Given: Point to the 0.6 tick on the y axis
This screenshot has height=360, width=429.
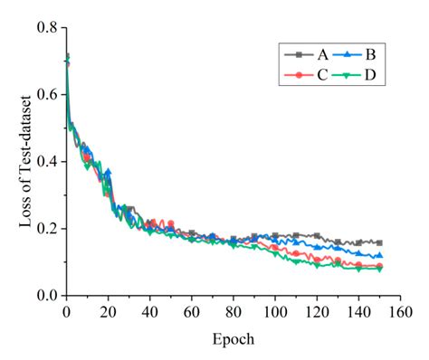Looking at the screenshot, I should tap(47, 95).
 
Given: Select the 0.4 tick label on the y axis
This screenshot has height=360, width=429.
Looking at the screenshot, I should tap(47, 162).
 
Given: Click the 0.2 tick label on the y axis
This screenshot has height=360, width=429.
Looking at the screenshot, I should tap(47, 229).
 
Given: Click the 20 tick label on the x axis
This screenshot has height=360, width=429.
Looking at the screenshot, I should tap(108, 313).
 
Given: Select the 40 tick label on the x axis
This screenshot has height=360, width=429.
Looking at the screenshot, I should tap(149, 313).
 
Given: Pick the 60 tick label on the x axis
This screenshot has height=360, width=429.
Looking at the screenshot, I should tap(191, 313).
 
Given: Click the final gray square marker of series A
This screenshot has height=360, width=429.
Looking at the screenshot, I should tap(378, 242).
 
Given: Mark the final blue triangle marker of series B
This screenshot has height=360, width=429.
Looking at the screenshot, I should tap(378, 256).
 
